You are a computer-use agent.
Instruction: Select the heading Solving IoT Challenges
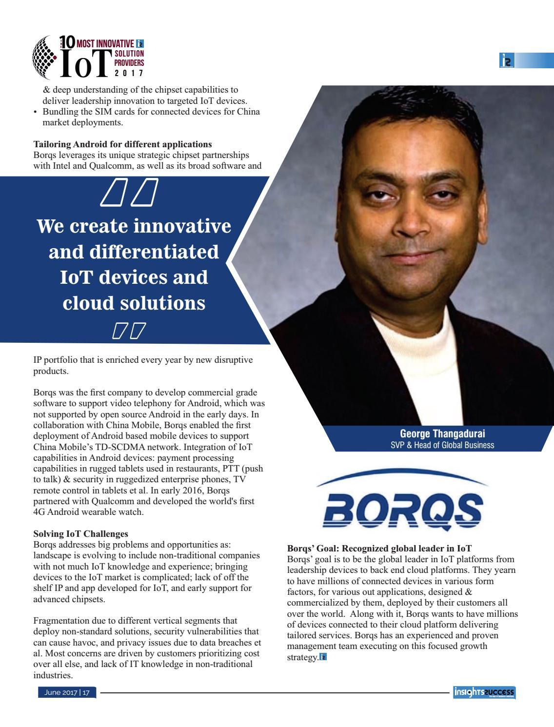[80, 534]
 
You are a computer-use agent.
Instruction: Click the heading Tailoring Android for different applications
[122, 144]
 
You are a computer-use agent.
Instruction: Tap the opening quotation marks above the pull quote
[130, 192]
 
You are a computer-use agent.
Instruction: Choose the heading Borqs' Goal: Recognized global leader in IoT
[379, 548]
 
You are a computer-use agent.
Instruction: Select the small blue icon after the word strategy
[322, 657]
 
